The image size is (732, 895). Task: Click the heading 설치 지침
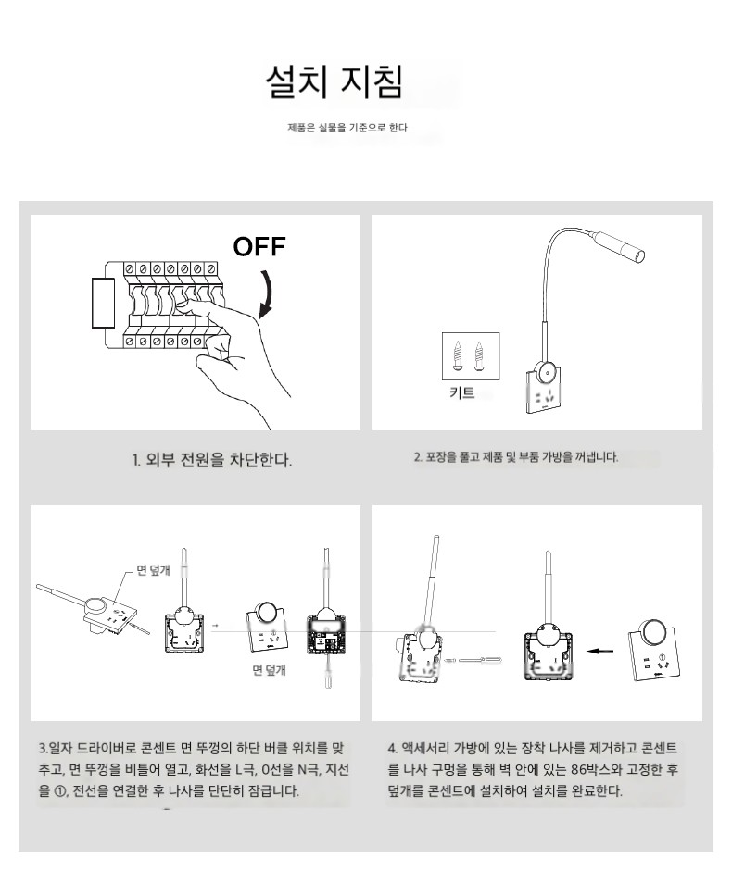334,81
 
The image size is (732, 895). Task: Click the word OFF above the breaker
259,246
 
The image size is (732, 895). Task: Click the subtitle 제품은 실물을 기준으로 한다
347,128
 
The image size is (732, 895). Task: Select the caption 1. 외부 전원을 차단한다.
212,459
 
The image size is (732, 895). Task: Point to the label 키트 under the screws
461,392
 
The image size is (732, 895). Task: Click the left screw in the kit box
457,356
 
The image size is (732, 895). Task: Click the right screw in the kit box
479,356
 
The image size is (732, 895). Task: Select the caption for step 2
516,457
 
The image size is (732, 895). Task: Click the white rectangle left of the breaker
104,303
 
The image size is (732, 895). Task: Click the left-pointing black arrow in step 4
600,651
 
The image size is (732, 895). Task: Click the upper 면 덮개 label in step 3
153,569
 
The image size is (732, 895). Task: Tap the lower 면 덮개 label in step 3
269,669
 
